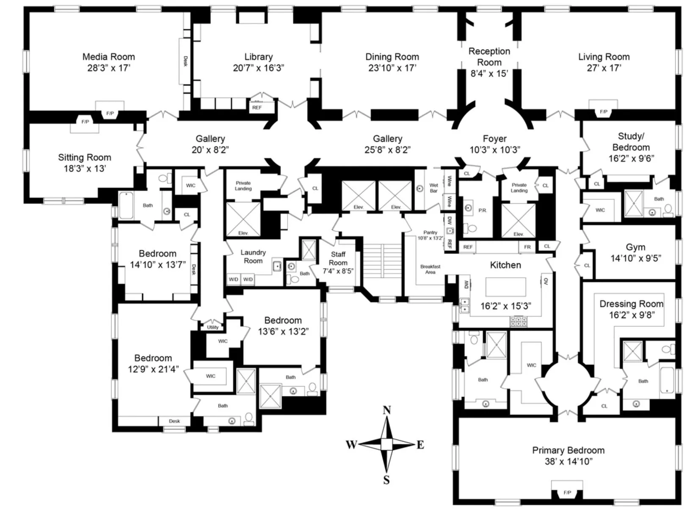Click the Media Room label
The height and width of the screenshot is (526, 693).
108,57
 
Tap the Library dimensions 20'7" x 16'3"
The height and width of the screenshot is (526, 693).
258,68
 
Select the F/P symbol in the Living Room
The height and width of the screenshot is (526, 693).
603,112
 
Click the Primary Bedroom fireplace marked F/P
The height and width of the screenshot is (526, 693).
567,493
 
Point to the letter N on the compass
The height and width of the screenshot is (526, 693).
387,410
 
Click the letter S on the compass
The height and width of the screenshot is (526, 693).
386,480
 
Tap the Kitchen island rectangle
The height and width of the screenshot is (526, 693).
505,287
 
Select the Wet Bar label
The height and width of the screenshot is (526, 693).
433,188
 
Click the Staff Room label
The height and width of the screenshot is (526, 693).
338,258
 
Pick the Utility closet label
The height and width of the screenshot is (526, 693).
213,327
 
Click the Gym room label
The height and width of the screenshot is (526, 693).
635,247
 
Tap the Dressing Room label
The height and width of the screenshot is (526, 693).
631,304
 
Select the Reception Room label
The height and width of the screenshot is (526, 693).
489,57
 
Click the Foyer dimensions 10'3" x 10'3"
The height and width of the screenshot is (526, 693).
494,150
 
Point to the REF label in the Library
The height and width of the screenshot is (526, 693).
257,108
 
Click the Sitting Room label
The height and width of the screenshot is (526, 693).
85,157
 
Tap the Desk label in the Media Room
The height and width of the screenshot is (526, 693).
185,61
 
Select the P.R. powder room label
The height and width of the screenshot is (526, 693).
482,210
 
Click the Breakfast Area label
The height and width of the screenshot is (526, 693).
430,269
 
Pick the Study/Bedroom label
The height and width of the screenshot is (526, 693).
631,142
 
